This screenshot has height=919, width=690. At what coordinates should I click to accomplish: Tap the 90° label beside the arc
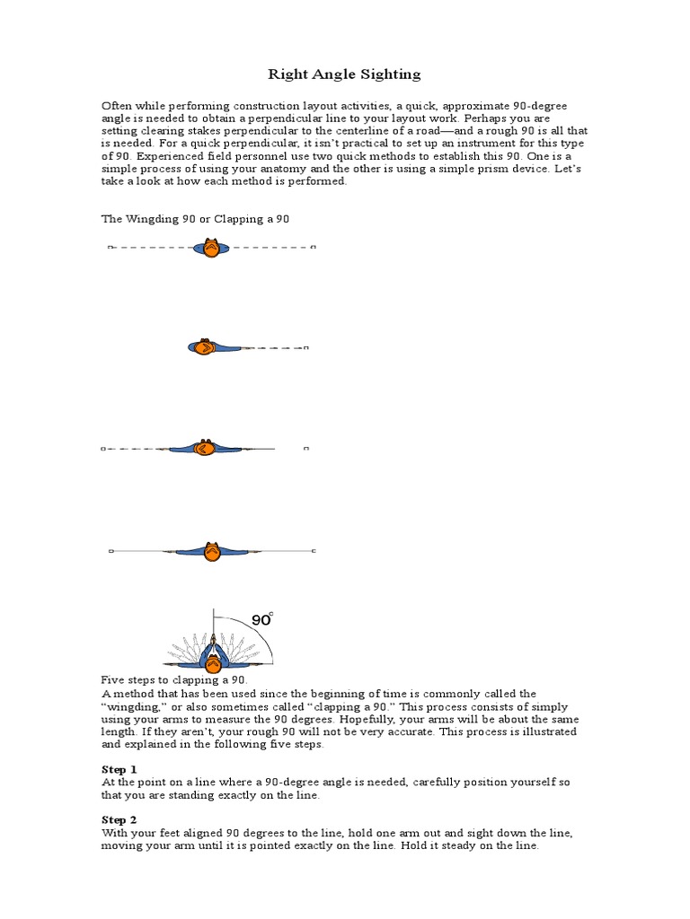click(x=261, y=619)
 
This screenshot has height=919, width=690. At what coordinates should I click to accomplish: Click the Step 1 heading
click(x=119, y=769)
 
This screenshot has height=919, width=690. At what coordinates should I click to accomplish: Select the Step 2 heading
click(x=119, y=819)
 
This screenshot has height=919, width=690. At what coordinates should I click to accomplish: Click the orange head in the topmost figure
click(x=211, y=249)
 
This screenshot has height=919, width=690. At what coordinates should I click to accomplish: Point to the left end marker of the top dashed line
click(x=110, y=247)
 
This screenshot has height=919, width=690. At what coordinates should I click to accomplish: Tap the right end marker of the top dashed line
click(x=313, y=247)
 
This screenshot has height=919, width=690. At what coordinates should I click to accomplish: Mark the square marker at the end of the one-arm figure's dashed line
click(x=306, y=347)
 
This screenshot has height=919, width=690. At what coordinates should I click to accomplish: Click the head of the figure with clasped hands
click(x=213, y=665)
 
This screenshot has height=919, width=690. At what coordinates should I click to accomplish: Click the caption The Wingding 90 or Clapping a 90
click(x=195, y=219)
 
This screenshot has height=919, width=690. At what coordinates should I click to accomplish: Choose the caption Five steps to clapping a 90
click(x=173, y=681)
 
